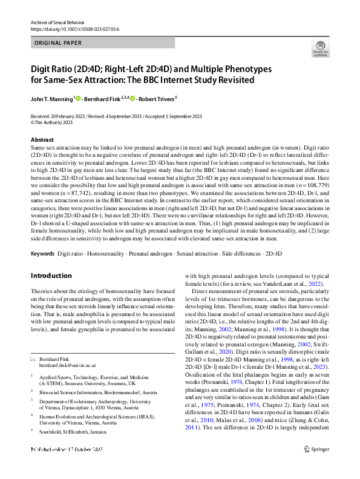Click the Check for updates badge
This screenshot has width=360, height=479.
320,48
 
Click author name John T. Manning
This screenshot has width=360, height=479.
51,98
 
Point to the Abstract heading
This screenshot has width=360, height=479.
42,139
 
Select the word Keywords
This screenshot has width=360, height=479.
42,252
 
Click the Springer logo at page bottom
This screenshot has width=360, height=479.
316,467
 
